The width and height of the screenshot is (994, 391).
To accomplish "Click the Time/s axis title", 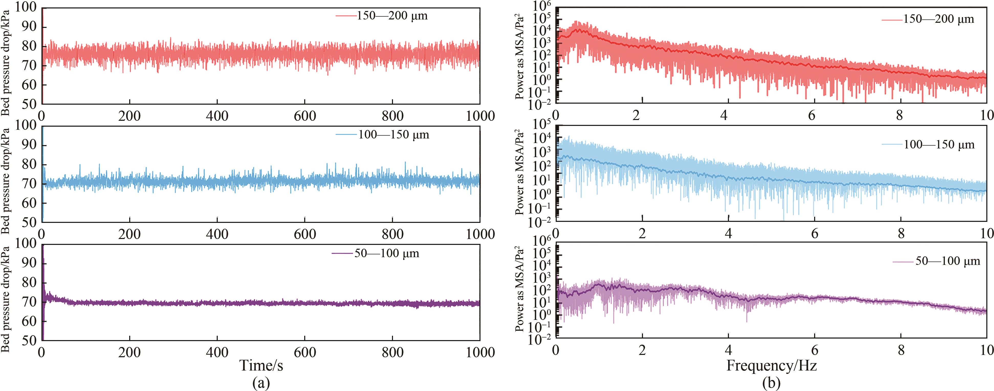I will tap(261, 365).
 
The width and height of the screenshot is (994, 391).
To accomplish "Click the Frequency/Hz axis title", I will tap(771, 365).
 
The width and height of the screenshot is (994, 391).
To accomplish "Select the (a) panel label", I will tap(261, 383).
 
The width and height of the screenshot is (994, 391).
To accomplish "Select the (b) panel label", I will tap(771, 383).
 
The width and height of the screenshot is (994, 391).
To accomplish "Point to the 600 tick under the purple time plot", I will tap(305, 352).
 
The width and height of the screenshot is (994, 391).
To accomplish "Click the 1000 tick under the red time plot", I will tap(480, 116).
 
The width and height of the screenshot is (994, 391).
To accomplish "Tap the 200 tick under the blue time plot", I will tap(130, 234).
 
